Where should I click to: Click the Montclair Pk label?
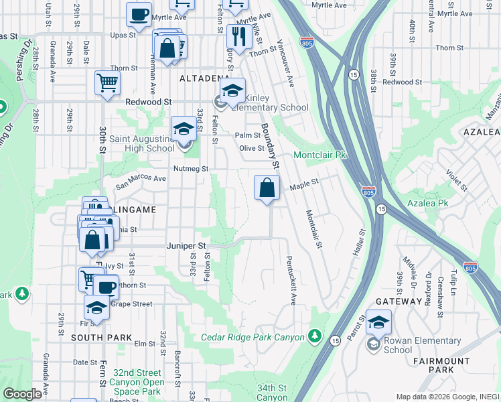tap(319, 155)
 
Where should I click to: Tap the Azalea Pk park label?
tap(429, 202)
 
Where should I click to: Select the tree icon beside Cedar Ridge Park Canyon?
tap(316, 337)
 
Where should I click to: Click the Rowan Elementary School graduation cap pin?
tap(378, 324)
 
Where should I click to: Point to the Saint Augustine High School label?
tap(143, 143)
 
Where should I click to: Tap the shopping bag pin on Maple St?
tap(267, 189)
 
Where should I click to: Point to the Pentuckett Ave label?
tap(290, 279)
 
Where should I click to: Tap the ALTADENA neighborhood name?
tap(204, 78)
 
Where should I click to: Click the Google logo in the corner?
tap(22, 394)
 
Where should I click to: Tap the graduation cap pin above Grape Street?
tap(97, 308)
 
